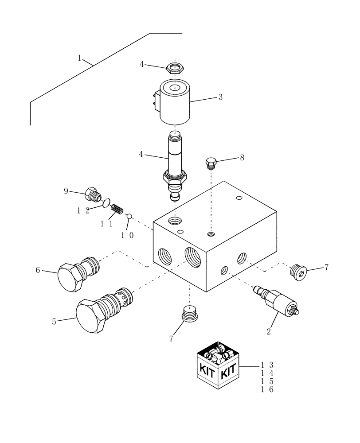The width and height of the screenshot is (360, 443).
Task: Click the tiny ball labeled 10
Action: click(x=129, y=216)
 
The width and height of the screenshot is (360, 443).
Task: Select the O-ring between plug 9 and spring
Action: click(x=106, y=204)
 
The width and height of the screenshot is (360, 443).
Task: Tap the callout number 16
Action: click(x=267, y=389)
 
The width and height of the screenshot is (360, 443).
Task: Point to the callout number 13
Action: click(x=267, y=365)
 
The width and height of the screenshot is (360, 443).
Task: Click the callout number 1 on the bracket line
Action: click(x=80, y=58)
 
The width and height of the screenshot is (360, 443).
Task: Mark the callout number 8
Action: click(x=242, y=157)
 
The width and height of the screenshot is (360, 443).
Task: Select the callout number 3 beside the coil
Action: click(x=220, y=97)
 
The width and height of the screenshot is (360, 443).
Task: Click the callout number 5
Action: click(x=54, y=322)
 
